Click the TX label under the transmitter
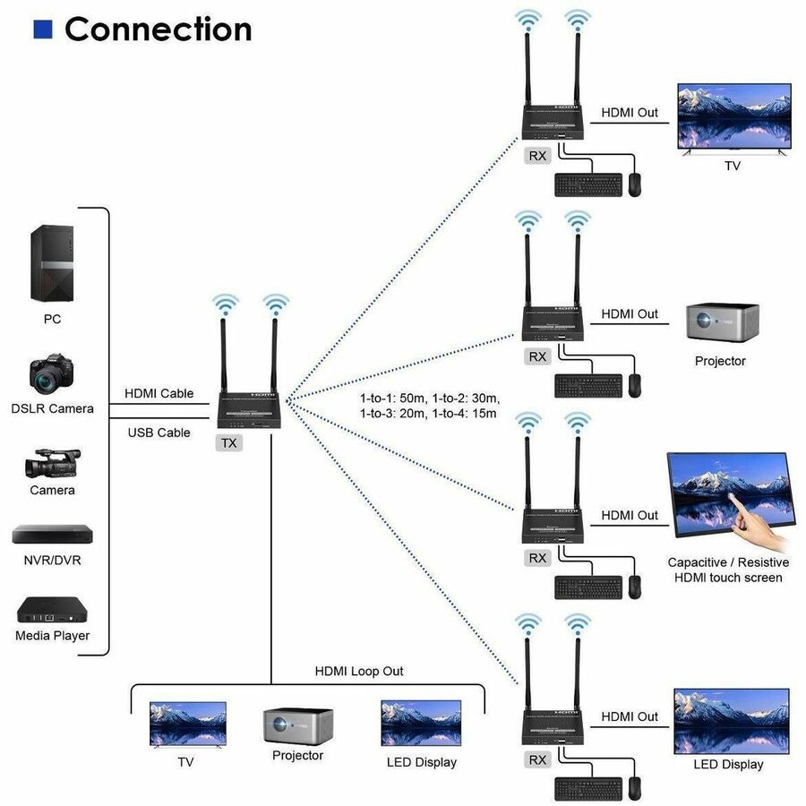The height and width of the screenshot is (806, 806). pos(230,442)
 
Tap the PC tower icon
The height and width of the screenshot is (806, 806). pos(51,263)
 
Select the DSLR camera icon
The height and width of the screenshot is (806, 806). pos(52,376)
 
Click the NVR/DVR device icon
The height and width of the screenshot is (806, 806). pos(52,535)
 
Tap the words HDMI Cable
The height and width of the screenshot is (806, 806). pos(159,392)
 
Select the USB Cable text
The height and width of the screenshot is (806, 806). pos(159,433)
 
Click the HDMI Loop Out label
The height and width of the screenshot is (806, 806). pos(358,671)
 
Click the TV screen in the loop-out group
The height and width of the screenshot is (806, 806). pos(187,724)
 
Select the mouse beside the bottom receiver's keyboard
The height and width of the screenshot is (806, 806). pos(634,788)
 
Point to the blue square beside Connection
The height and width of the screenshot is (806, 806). pos(43,30)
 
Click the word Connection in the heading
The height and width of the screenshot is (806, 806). pos(158,30)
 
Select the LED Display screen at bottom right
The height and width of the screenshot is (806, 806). pos(731,721)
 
